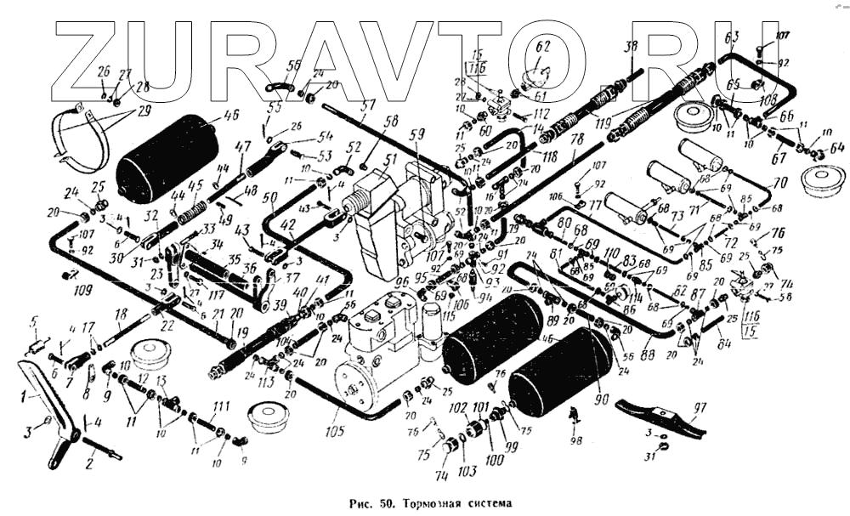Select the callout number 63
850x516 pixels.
tap(731, 36)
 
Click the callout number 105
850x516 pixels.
tap(333, 432)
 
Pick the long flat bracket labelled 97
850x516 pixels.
tap(662, 417)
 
